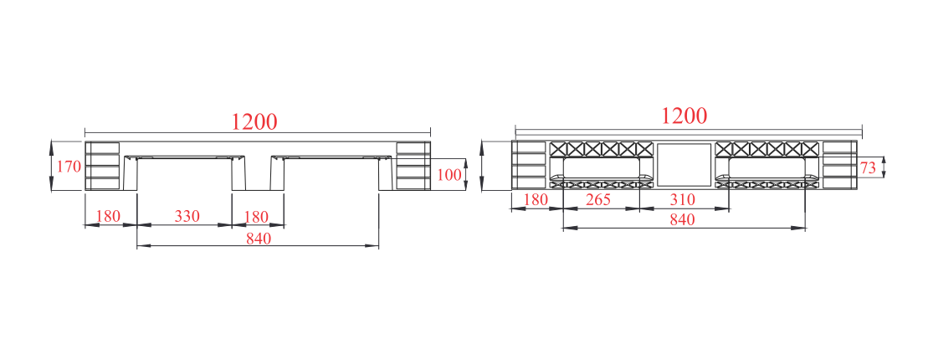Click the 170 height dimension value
pos(69,167)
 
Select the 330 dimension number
pos(187,217)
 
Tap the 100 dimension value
pos(449,175)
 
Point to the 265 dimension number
pos(597,199)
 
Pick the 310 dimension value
pos(682,199)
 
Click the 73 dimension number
pos(868,168)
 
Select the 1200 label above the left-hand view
pos(254,121)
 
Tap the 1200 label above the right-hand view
pos(684,116)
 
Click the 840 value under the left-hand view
pos(259,239)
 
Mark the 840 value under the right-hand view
pos(682,219)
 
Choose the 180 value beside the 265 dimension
pos(536,199)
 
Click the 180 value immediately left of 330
pos(108,217)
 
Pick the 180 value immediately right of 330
pos(256,217)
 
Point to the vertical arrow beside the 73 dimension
pos(884,167)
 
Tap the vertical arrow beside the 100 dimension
pos(466,175)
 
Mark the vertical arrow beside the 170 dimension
pos(52,166)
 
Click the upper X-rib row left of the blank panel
pos(601,149)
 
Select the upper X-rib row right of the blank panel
pos(767,149)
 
